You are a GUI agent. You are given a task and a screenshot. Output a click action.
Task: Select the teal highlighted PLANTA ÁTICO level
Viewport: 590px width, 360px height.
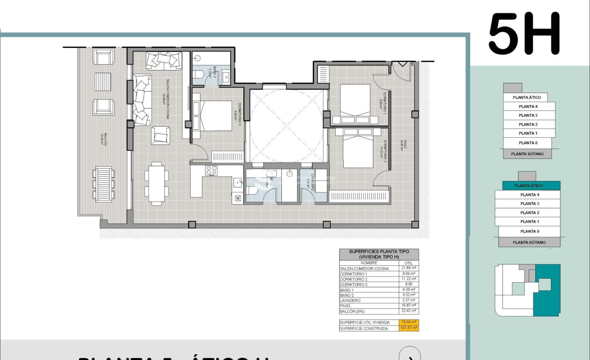click(x=528, y=185)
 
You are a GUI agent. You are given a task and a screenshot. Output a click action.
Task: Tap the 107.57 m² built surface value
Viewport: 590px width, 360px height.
click(x=408, y=328)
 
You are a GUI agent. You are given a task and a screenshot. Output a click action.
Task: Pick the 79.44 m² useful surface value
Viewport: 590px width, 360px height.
click(x=408, y=322)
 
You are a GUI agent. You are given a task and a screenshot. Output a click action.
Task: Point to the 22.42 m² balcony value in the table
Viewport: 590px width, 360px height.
click(x=408, y=311)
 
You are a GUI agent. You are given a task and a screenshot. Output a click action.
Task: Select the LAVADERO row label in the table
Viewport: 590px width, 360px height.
click(x=350, y=300)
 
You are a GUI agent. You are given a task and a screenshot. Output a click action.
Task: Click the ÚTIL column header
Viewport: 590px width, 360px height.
click(x=408, y=263)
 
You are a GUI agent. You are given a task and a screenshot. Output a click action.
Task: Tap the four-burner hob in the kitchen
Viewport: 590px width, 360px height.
click(x=211, y=171)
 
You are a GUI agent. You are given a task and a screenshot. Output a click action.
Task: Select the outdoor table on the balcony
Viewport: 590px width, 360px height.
click(x=104, y=184)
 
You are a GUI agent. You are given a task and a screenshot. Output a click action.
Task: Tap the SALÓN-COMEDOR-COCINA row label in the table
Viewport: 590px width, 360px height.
click(x=364, y=268)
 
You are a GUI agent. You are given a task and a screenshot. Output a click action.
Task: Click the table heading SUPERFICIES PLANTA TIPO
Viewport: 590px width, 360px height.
click(x=379, y=252)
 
